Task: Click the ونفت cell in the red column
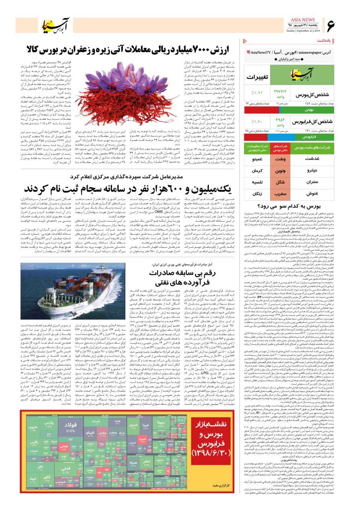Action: [280, 159]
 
